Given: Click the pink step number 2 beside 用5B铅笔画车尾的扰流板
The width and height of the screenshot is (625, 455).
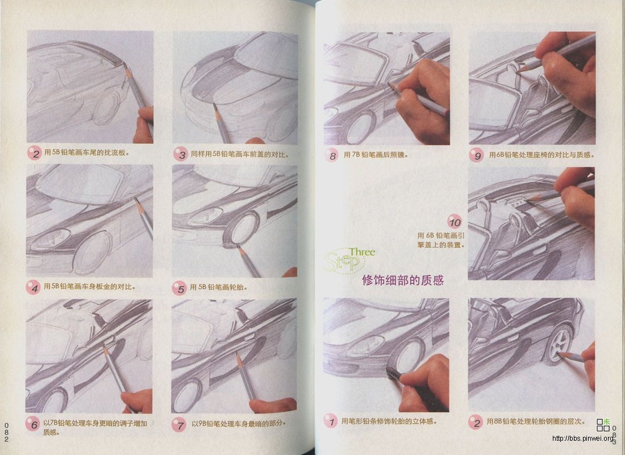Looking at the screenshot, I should pyautogui.click(x=34, y=154).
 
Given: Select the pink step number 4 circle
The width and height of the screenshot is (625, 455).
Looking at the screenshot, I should pyautogui.click(x=34, y=288).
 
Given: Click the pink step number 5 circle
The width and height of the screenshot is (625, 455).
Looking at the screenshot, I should pyautogui.click(x=181, y=288).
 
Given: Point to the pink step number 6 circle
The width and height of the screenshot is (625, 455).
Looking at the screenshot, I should pyautogui.click(x=34, y=424).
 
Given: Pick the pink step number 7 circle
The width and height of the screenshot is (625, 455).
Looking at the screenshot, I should pyautogui.click(x=180, y=424).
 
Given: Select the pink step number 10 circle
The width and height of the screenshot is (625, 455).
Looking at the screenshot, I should pyautogui.click(x=455, y=221).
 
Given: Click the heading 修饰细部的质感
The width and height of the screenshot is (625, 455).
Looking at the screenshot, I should pyautogui.click(x=402, y=280).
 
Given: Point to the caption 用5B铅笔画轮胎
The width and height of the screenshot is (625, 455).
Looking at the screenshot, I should pyautogui.click(x=218, y=288).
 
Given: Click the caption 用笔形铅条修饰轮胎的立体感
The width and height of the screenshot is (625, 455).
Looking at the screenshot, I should pyautogui.click(x=389, y=421).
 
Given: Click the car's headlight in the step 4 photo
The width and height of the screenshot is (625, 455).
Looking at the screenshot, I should pyautogui.click(x=51, y=239).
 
